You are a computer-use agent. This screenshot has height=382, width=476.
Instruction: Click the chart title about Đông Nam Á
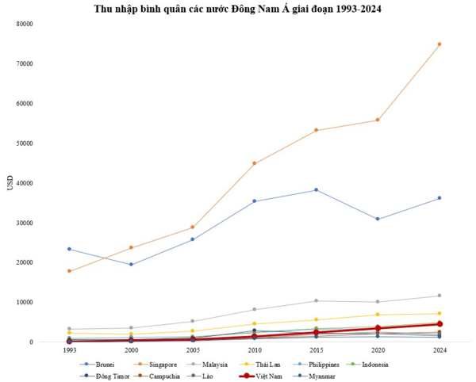(x=237, y=9)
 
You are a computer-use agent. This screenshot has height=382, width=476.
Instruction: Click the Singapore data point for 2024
(x=440, y=44)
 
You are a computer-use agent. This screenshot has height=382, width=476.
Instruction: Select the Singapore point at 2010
(x=254, y=163)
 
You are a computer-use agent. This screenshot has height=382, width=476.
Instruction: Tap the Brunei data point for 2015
(x=316, y=190)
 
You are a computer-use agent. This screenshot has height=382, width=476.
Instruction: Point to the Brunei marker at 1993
(x=69, y=249)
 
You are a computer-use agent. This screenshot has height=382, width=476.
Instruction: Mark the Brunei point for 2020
(x=378, y=219)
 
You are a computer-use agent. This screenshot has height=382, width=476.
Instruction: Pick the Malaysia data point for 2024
(x=440, y=296)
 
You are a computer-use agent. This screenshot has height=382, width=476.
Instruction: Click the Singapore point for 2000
(x=131, y=247)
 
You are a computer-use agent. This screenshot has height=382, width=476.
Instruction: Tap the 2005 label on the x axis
(x=192, y=351)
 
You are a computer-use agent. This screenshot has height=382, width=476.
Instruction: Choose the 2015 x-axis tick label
(x=316, y=351)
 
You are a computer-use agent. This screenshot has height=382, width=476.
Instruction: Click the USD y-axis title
(x=10, y=183)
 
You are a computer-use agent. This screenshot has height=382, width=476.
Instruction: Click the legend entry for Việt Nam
(x=266, y=376)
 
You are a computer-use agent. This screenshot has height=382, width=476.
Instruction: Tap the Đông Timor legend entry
(x=106, y=376)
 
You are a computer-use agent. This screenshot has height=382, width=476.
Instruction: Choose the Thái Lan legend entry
(x=266, y=365)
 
